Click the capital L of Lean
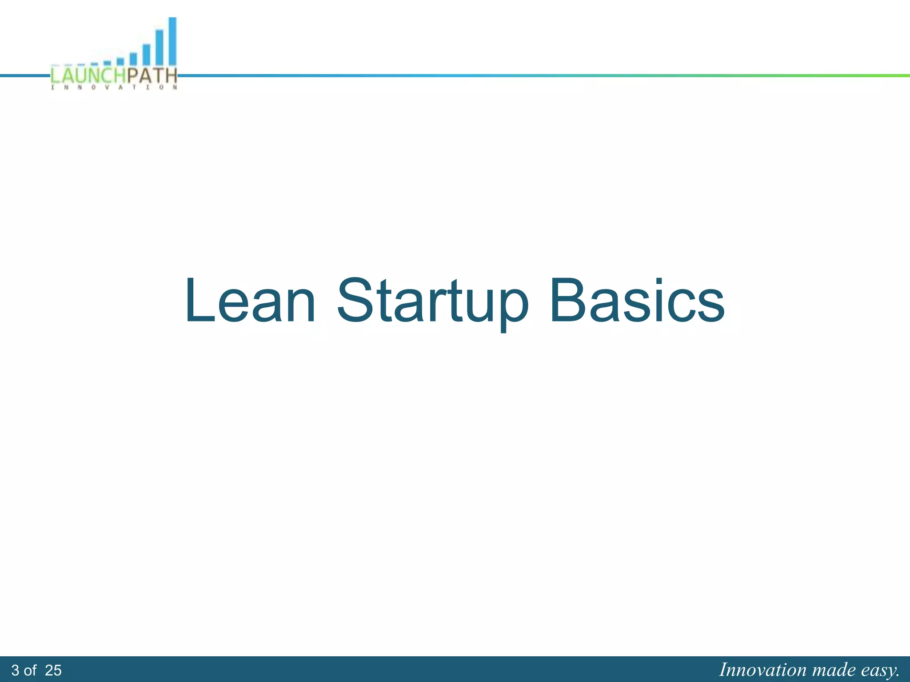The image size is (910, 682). (198, 300)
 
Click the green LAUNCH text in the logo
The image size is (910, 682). (88, 75)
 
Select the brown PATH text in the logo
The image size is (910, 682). (152, 75)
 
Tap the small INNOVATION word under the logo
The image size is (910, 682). (114, 87)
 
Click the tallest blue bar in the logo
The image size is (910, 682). (172, 41)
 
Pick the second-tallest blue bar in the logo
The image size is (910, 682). (159, 48)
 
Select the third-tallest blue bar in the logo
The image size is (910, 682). (146, 55)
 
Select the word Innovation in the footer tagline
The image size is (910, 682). (762, 670)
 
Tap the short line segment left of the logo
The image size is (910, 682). (24, 76)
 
